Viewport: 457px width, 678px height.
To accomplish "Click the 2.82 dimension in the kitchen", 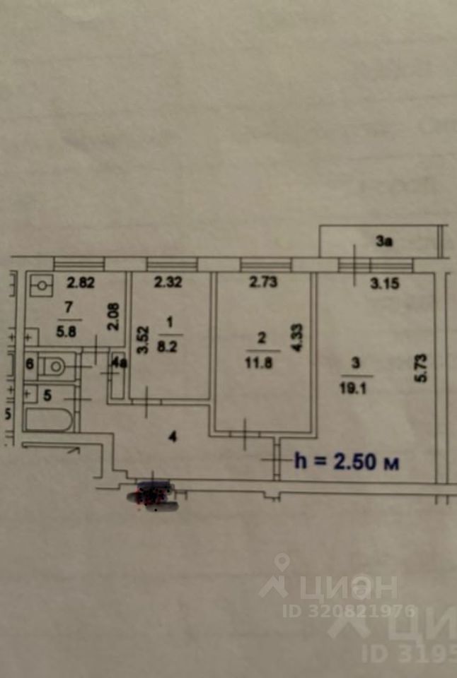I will pyautogui.click(x=81, y=284).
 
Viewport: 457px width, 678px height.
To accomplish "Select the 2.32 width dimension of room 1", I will pyautogui.click(x=169, y=284).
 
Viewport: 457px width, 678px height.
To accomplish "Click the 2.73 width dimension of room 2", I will pyautogui.click(x=262, y=284).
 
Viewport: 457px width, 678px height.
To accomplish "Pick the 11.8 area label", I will pyautogui.click(x=262, y=366).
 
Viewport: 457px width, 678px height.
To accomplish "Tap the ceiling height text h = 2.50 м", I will pyautogui.click(x=347, y=463).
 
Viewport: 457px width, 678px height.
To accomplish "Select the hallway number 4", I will pyautogui.click(x=172, y=436).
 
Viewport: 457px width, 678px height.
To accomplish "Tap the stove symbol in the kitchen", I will pyautogui.click(x=42, y=286).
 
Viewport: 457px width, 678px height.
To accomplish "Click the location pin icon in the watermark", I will pyautogui.click(x=283, y=564).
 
